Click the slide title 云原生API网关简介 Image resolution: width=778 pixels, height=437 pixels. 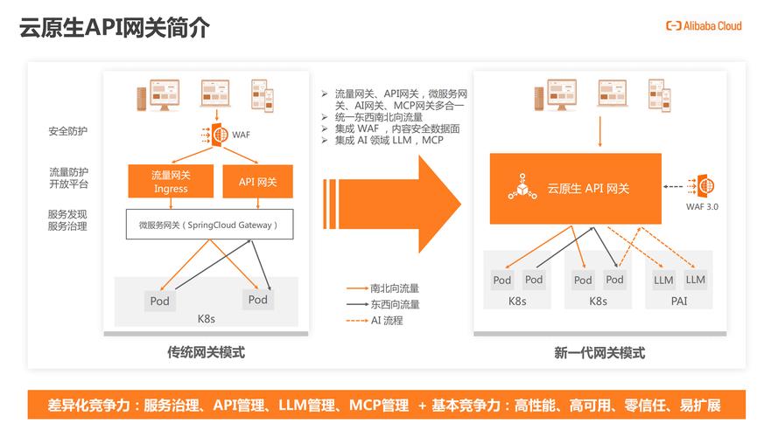[x=115, y=28]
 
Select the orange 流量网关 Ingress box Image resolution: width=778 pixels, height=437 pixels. [x=171, y=182]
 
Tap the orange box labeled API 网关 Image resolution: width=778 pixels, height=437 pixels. [x=257, y=182]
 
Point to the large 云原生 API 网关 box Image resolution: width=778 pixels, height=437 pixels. [x=575, y=188]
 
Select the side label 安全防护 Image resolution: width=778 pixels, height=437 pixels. [x=67, y=131]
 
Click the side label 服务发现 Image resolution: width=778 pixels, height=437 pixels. [x=67, y=214]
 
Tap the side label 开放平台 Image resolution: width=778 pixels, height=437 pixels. [x=67, y=184]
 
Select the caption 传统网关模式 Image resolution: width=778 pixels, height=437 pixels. [x=206, y=353]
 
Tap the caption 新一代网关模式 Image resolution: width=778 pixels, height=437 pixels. [x=599, y=353]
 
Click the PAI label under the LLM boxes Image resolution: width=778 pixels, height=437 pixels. [x=679, y=302]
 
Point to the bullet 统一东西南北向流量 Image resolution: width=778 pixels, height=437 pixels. [x=378, y=117]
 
